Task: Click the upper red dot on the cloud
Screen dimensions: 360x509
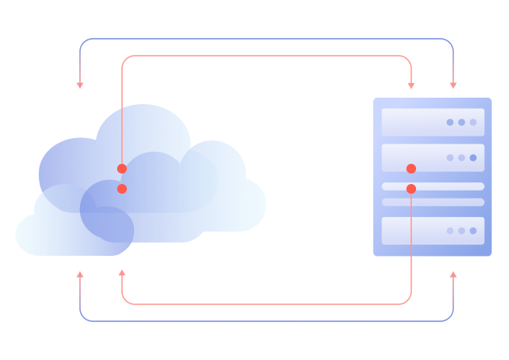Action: pos(122,169)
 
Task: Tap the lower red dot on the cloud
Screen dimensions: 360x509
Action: pos(122,189)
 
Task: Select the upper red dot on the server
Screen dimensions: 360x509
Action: pos(411,169)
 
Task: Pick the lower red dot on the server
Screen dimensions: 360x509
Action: pos(411,189)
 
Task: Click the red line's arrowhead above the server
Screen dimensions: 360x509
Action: pos(411,85)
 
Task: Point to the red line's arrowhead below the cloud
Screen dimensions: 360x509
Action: pos(122,274)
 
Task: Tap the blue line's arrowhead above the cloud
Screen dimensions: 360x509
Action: pos(80,85)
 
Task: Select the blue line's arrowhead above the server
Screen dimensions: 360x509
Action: pos(453,85)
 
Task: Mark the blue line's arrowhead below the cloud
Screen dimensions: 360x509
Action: pos(80,275)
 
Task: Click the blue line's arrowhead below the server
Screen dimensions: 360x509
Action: pos(453,275)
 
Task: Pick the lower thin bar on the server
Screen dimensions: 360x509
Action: pos(433,202)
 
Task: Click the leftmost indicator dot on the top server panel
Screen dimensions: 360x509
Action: pos(450,123)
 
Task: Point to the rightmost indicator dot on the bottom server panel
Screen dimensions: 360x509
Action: pos(473,231)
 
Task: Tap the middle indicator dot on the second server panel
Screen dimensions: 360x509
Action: pos(461,158)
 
